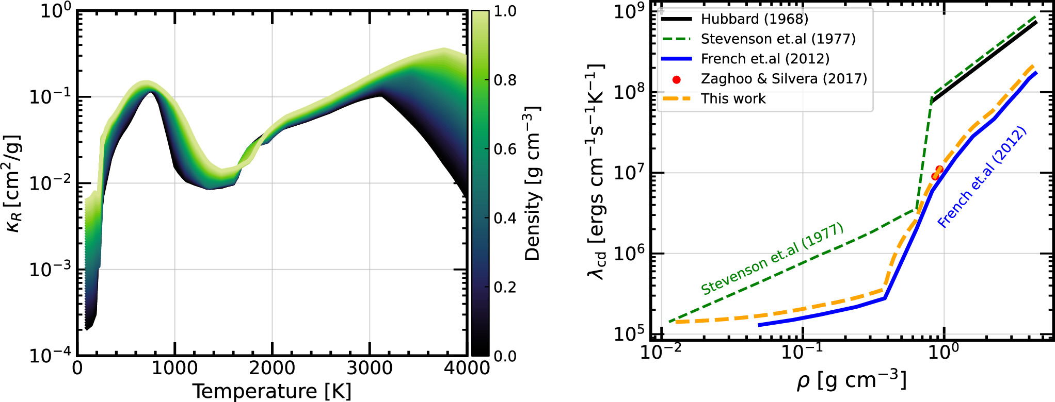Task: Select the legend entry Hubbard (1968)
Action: [x=754, y=19]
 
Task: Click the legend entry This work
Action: [x=733, y=98]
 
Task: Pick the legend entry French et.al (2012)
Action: [x=765, y=59]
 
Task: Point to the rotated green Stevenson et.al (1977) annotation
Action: [x=772, y=259]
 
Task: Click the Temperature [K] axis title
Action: [x=272, y=391]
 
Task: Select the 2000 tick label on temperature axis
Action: [x=272, y=368]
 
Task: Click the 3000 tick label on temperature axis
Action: [x=370, y=368]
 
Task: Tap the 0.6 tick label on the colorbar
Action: [x=505, y=149]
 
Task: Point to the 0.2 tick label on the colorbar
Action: [x=505, y=287]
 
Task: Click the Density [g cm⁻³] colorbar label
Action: [x=532, y=183]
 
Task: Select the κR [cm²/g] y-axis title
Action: [x=14, y=183]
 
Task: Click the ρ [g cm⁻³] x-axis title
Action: [x=851, y=381]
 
